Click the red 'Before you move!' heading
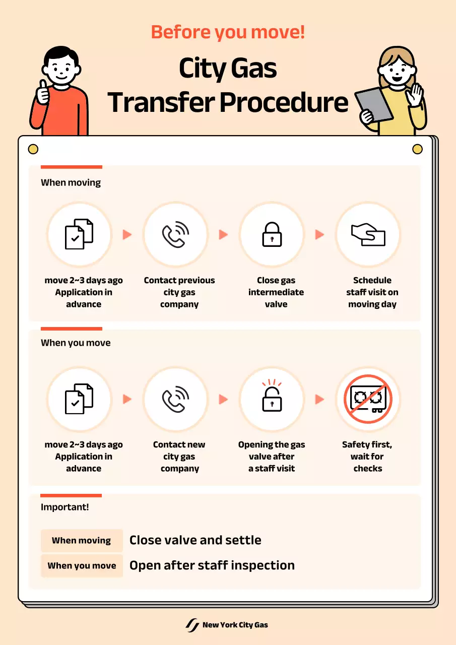pos(228,32)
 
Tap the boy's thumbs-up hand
pos(43,93)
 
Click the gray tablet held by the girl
pos(374,104)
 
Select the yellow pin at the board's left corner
pos(33,149)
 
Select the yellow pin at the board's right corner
pos(417,149)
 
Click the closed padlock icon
pos(272,234)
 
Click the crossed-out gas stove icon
pos(368,399)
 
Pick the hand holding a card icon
pos(368,234)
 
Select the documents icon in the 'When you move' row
pos(79,399)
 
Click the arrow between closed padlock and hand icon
pos(319,234)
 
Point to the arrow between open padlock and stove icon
pos(319,399)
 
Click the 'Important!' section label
pos(65,507)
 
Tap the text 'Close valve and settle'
pos(196,540)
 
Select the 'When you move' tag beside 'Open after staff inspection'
pos(82,565)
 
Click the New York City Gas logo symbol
pos(192,625)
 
